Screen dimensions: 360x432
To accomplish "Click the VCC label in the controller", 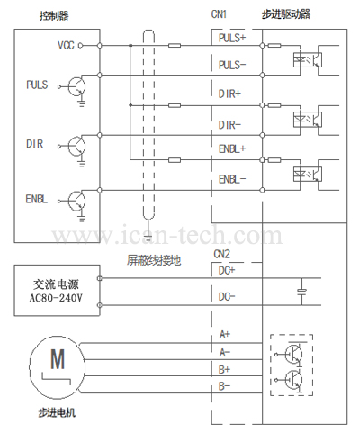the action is point(66,45).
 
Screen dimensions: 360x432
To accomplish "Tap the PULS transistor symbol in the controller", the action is point(76,86).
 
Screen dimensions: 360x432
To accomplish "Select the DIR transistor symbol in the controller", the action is point(76,147).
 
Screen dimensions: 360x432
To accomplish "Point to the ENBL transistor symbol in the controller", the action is point(76,201).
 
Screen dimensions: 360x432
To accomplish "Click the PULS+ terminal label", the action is point(232,38).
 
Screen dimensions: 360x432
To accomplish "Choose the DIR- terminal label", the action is point(229,125).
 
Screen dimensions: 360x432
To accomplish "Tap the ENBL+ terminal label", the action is point(232,148).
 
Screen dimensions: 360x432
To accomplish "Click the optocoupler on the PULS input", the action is point(308,59).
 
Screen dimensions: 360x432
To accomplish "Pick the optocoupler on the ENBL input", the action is point(308,174).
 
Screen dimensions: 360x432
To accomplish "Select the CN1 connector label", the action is point(219,14).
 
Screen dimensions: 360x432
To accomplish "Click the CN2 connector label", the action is point(221,254).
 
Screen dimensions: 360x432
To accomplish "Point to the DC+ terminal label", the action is point(227,271).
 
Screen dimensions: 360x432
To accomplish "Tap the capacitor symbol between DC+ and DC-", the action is point(301,291).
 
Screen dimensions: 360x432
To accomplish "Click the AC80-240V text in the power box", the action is point(56,298).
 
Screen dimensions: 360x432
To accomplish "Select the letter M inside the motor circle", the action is point(58,359).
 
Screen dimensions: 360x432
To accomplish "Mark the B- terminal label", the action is point(224,386).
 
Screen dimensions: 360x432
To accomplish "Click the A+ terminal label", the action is point(225,334).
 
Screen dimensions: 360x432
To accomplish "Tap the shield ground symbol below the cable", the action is point(148,227).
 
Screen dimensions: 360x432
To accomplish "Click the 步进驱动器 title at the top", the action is point(286,14).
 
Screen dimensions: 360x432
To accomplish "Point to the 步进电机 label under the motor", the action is point(57,413).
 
